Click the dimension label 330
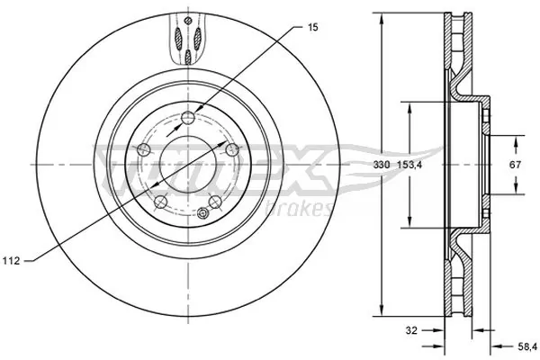point(382,166)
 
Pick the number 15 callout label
point(312,29)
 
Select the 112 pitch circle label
point(12,261)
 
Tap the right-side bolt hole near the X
point(231,148)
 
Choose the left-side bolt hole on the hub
point(142,148)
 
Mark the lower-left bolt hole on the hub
point(159,202)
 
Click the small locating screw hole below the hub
point(203,213)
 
